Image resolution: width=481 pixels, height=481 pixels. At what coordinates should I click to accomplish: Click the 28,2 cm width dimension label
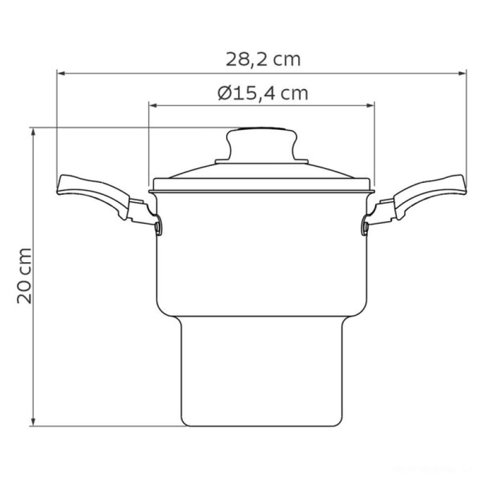point(263,59)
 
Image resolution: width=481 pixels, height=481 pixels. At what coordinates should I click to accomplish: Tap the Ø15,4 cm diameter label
point(263,93)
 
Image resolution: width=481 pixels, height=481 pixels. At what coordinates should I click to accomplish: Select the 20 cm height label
point(25,275)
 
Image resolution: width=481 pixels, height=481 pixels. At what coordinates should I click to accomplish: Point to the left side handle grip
point(92,193)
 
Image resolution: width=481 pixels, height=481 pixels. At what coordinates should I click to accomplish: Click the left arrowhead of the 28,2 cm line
point(61,73)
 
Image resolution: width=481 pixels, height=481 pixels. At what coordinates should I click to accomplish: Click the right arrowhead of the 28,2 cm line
point(462,73)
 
